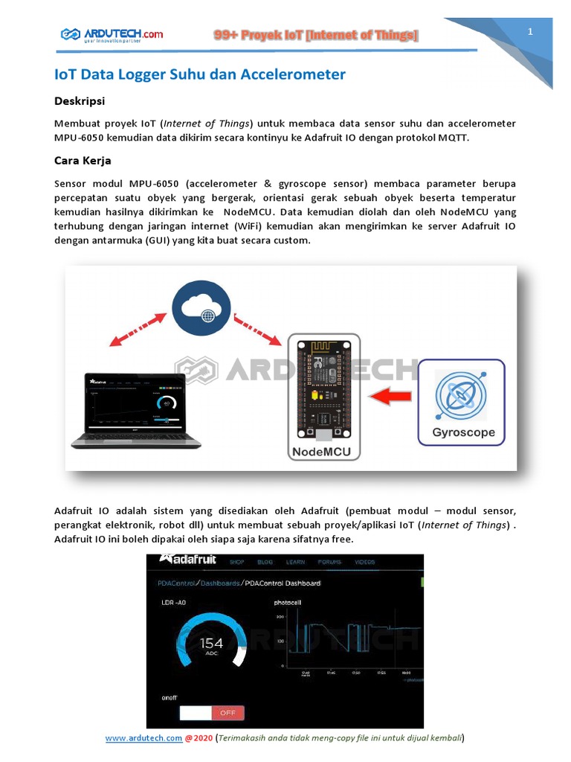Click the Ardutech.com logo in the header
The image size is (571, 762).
tap(112, 34)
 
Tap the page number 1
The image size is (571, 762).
tap(530, 31)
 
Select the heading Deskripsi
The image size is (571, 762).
tap(80, 100)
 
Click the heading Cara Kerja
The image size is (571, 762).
tap(83, 160)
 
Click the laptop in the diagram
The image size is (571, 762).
tap(141, 409)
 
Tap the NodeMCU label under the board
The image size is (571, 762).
tap(324, 452)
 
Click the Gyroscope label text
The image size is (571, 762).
tap(463, 432)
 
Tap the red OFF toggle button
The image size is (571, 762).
tap(228, 712)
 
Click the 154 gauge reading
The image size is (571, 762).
tap(211, 642)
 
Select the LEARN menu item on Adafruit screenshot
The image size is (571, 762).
tap(296, 563)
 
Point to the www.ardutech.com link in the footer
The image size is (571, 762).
tap(143, 738)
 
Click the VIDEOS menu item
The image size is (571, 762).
tap(364, 563)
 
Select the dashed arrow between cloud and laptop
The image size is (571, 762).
tap(137, 330)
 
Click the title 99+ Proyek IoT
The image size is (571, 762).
tap(316, 35)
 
